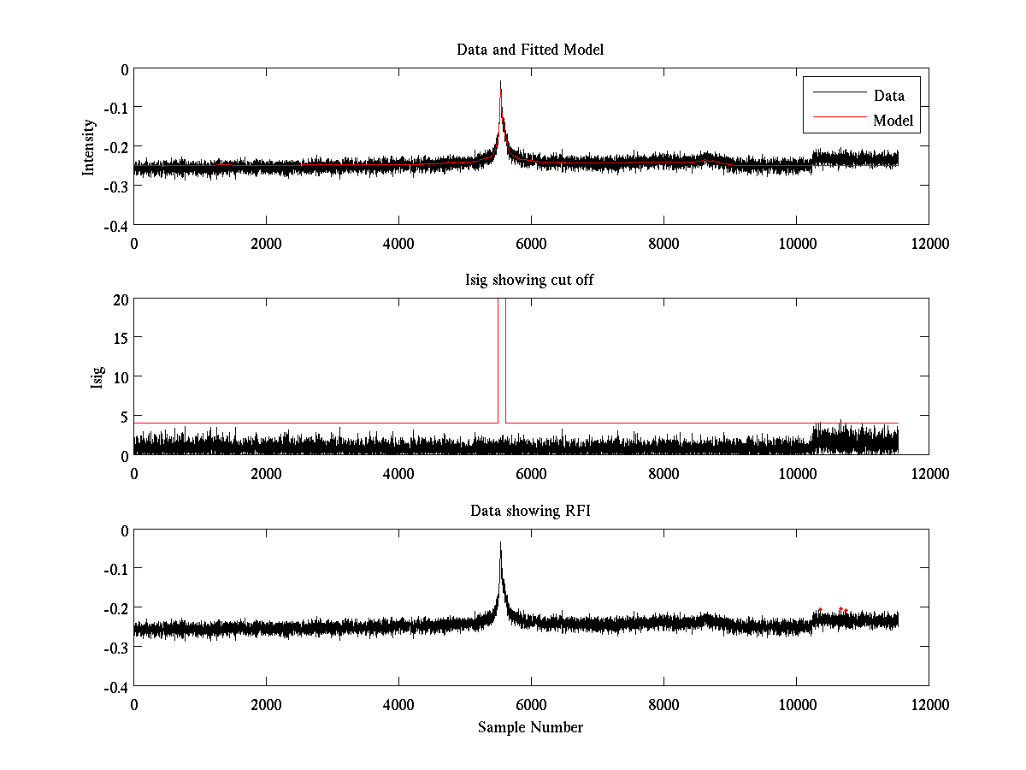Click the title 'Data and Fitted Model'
pos(530,50)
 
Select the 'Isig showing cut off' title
pos(530,281)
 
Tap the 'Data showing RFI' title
pos(530,511)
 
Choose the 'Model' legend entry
pos(893,121)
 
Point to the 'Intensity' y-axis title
pos(89,147)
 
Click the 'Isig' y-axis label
pos(97,377)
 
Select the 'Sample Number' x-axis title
pos(530,727)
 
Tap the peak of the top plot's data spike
pos(500,83)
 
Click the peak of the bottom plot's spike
pos(500,543)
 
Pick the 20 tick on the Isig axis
pos(120,299)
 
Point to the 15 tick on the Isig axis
pos(120,338)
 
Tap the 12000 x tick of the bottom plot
pos(929,704)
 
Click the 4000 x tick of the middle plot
pos(398,473)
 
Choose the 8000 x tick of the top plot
pos(663,243)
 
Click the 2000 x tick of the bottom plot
pos(266,704)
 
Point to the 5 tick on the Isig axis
pos(125,417)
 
